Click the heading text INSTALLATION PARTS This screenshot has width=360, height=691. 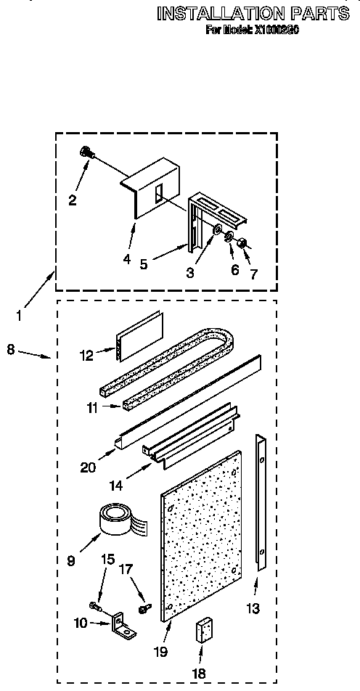tap(253, 13)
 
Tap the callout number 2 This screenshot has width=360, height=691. tap(73, 201)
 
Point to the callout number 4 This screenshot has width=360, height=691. tap(127, 258)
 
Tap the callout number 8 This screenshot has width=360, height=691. tap(10, 349)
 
